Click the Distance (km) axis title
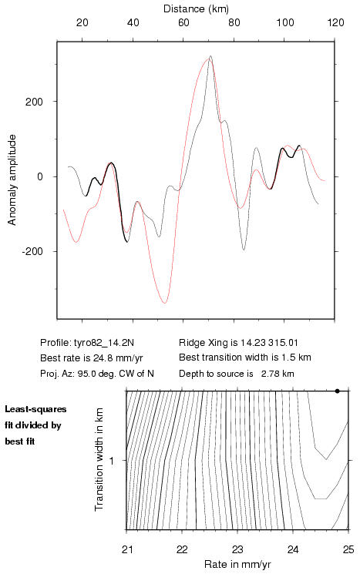click(196, 8)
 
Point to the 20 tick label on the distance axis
click(82, 22)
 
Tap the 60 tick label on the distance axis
click(183, 22)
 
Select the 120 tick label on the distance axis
click(336, 22)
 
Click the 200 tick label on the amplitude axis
click(34, 102)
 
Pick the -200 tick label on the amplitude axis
click(32, 251)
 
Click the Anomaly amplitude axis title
click(12, 180)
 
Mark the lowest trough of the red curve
click(164, 303)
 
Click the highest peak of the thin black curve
click(210, 56)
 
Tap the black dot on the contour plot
click(338, 391)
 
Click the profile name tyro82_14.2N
click(104, 343)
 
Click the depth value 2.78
click(270, 374)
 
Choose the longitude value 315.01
click(283, 343)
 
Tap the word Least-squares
click(35, 409)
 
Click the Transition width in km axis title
click(99, 459)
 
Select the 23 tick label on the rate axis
click(237, 549)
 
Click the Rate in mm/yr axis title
click(237, 564)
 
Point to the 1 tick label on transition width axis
click(112, 460)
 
